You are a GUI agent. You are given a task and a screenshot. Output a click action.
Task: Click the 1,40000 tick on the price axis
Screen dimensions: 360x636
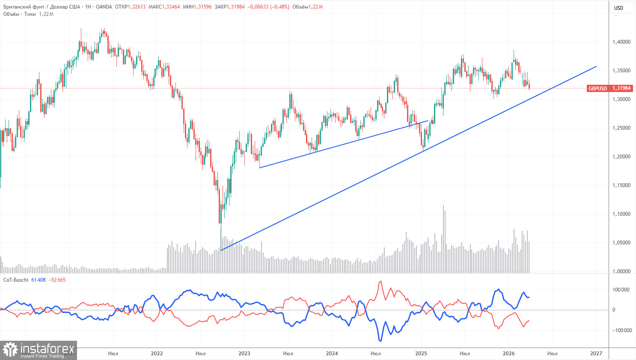[x=621, y=42]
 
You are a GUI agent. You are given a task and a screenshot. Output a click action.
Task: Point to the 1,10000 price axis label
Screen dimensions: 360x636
[x=621, y=214]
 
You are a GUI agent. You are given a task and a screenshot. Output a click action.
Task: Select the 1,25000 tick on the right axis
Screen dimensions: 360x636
[x=621, y=128]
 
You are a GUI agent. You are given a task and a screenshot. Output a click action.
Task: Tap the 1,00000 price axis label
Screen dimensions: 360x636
[x=621, y=271]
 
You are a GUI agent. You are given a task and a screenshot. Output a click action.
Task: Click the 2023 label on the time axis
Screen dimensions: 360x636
[x=244, y=354]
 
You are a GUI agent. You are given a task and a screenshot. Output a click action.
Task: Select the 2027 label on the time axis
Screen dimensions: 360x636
[x=596, y=354]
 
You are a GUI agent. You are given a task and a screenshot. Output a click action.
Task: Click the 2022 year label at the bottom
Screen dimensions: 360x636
[x=157, y=354]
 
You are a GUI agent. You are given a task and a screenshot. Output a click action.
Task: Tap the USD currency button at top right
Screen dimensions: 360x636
[x=618, y=8]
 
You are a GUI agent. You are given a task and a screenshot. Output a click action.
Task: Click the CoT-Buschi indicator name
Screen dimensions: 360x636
[x=16, y=280]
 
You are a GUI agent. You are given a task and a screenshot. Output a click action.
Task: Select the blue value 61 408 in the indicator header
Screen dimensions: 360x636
[x=39, y=280]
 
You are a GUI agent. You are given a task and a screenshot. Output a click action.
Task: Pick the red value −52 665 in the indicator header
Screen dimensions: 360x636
[x=57, y=280]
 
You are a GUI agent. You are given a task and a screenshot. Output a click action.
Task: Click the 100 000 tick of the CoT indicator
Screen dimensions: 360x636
[x=621, y=290]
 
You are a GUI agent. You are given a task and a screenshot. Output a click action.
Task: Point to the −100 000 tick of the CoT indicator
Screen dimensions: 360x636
[x=620, y=330]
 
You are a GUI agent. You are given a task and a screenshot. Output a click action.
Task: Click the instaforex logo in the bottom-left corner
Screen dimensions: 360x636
[x=39, y=350]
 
